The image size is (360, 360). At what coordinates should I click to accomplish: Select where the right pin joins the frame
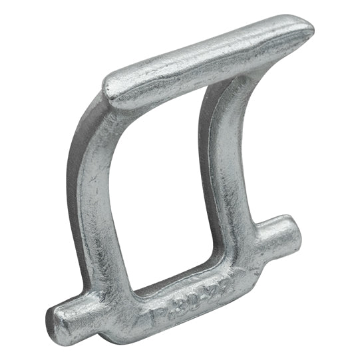click(263, 243)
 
